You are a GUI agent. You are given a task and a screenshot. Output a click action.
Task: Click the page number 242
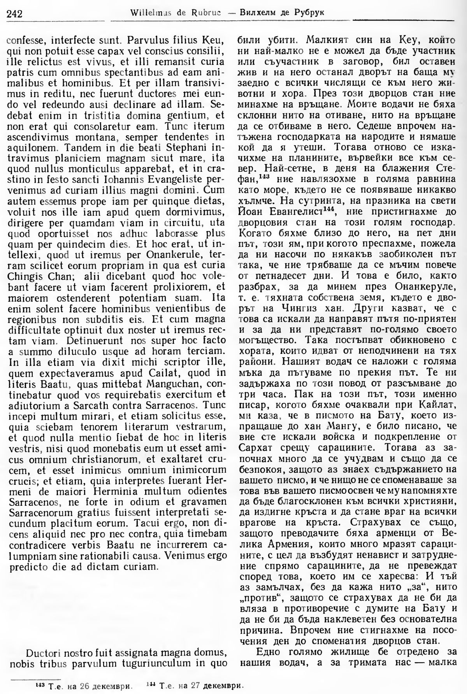click(x=14, y=14)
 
